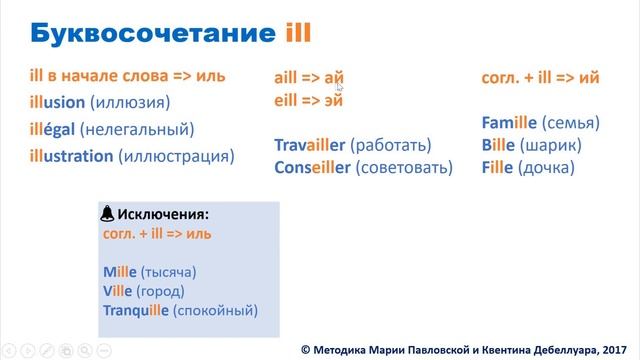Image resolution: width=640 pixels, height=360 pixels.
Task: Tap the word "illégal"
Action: [54, 128]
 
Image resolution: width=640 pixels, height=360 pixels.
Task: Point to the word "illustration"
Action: [71, 156]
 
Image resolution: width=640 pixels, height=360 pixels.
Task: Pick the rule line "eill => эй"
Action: [309, 99]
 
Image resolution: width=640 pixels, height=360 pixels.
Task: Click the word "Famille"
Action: [511, 123]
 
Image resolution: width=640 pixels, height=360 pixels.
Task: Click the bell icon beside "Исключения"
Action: [108, 214]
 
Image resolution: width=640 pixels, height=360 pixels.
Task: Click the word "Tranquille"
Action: [136, 311]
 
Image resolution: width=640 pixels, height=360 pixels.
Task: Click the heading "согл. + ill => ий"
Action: [541, 77]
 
